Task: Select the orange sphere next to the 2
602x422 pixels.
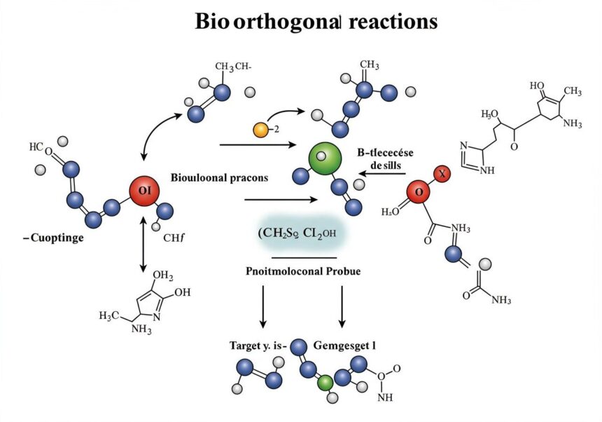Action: point(260,130)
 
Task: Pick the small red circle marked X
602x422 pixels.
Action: point(441,172)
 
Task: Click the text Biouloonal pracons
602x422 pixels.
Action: point(219,178)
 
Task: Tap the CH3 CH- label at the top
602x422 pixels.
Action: point(233,67)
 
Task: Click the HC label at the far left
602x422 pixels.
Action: point(36,147)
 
